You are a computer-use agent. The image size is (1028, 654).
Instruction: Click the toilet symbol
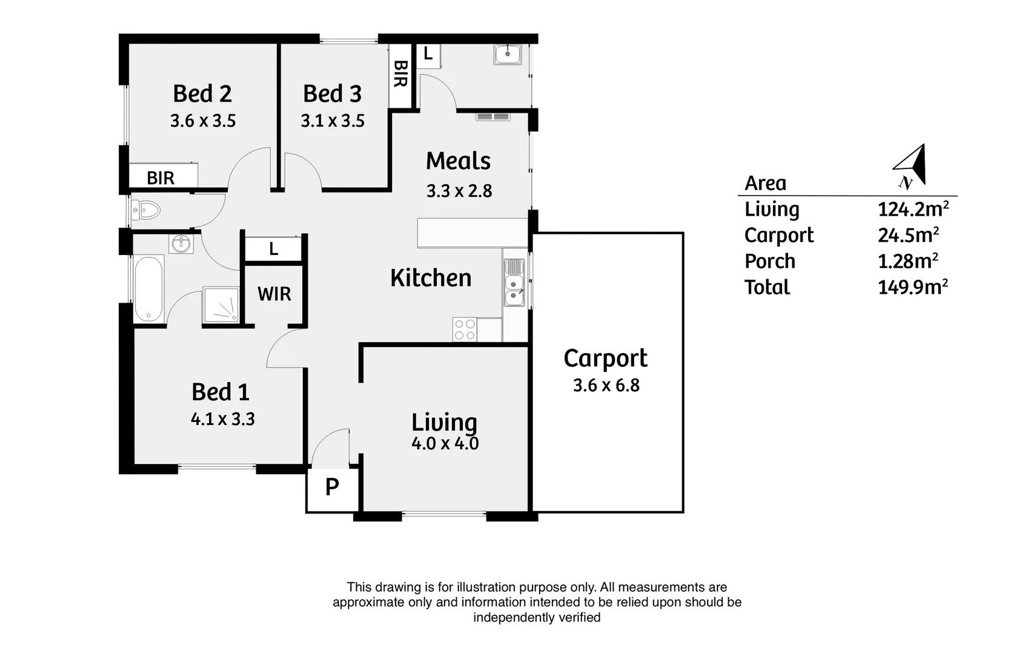click(145, 211)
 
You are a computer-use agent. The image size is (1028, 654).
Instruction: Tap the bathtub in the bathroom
click(148, 288)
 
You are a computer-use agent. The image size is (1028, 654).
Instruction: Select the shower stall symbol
click(221, 305)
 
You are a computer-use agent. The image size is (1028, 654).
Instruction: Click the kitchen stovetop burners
click(465, 330)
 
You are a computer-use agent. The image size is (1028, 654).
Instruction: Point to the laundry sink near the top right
click(508, 54)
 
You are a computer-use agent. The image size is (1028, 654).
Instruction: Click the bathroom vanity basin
click(182, 243)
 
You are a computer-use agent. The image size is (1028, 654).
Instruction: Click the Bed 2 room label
click(202, 94)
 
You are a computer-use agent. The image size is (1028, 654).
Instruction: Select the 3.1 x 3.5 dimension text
click(333, 121)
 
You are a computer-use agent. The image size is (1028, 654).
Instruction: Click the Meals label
click(459, 161)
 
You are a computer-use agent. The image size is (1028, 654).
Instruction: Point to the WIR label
click(274, 294)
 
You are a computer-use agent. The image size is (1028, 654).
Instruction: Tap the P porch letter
click(332, 487)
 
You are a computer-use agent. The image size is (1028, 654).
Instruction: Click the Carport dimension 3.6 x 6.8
click(606, 385)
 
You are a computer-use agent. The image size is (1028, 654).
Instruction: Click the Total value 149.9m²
click(913, 287)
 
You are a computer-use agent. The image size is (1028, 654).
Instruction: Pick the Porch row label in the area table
click(770, 262)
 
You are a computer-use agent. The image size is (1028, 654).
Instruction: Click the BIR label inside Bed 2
click(161, 178)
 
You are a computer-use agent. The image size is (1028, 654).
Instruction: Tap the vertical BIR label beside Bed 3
click(400, 74)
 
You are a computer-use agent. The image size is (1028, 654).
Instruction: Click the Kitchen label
click(431, 278)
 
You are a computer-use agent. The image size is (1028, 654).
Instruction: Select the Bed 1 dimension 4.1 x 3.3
click(222, 419)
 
